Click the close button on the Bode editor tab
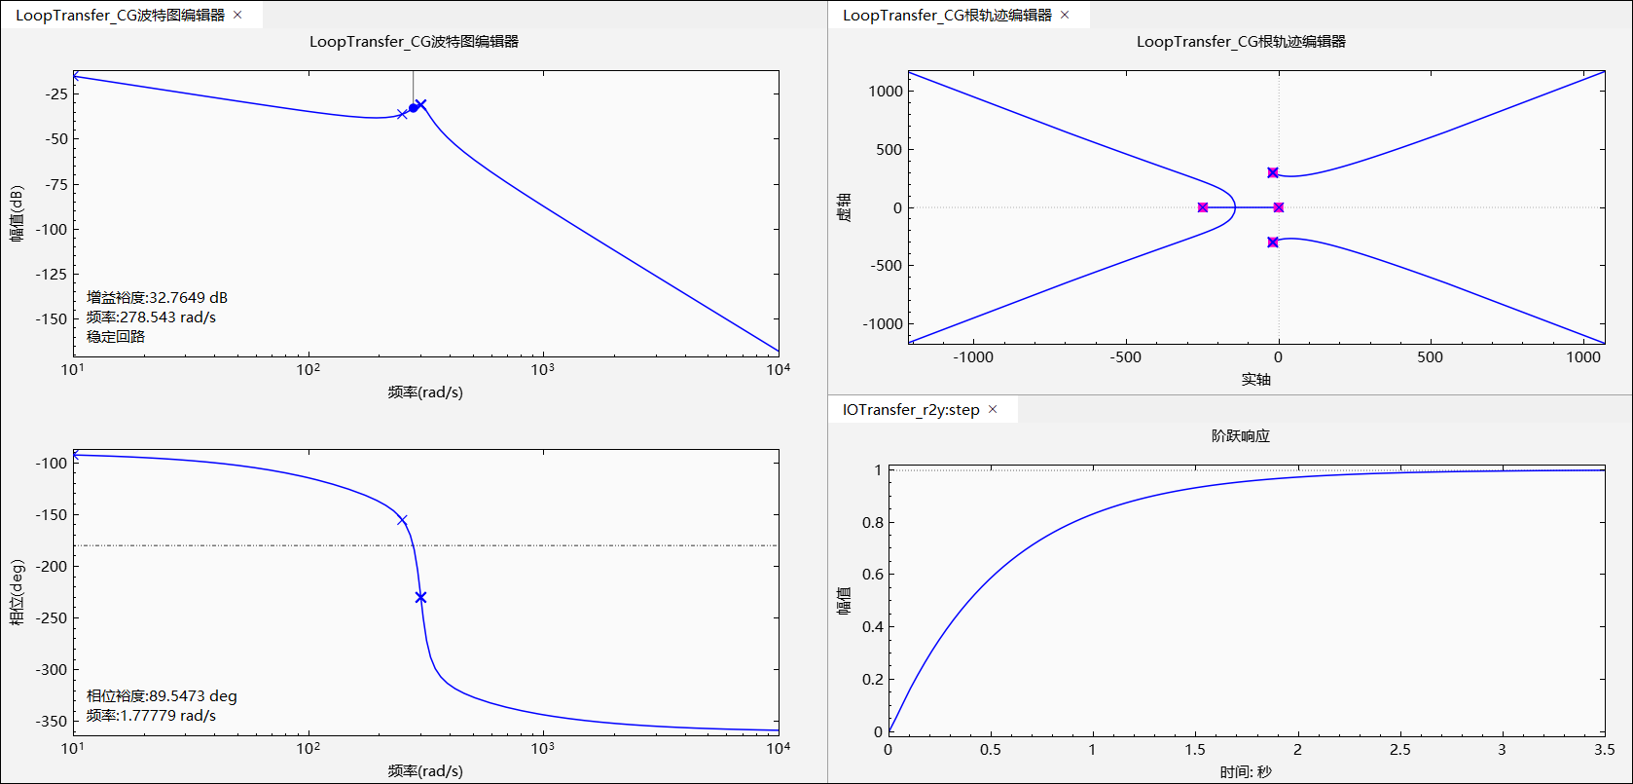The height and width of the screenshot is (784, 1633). click(x=237, y=15)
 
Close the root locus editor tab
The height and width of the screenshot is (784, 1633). click(x=1065, y=15)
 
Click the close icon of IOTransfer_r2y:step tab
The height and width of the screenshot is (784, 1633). click(x=993, y=409)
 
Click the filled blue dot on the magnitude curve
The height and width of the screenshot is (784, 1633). click(x=413, y=108)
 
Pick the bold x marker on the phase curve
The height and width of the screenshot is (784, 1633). click(x=420, y=597)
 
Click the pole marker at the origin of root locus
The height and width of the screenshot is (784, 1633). click(x=1279, y=207)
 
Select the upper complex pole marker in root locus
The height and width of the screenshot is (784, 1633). click(x=1273, y=172)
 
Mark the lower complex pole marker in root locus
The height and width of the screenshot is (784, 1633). click(x=1273, y=242)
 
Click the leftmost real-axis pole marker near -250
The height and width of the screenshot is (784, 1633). click(x=1203, y=207)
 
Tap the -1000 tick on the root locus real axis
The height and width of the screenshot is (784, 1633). click(x=973, y=357)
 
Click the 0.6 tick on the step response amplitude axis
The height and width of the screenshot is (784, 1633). click(x=873, y=575)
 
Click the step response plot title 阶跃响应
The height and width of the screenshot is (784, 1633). click(x=1241, y=435)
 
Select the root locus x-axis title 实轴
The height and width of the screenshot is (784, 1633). click(x=1255, y=379)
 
